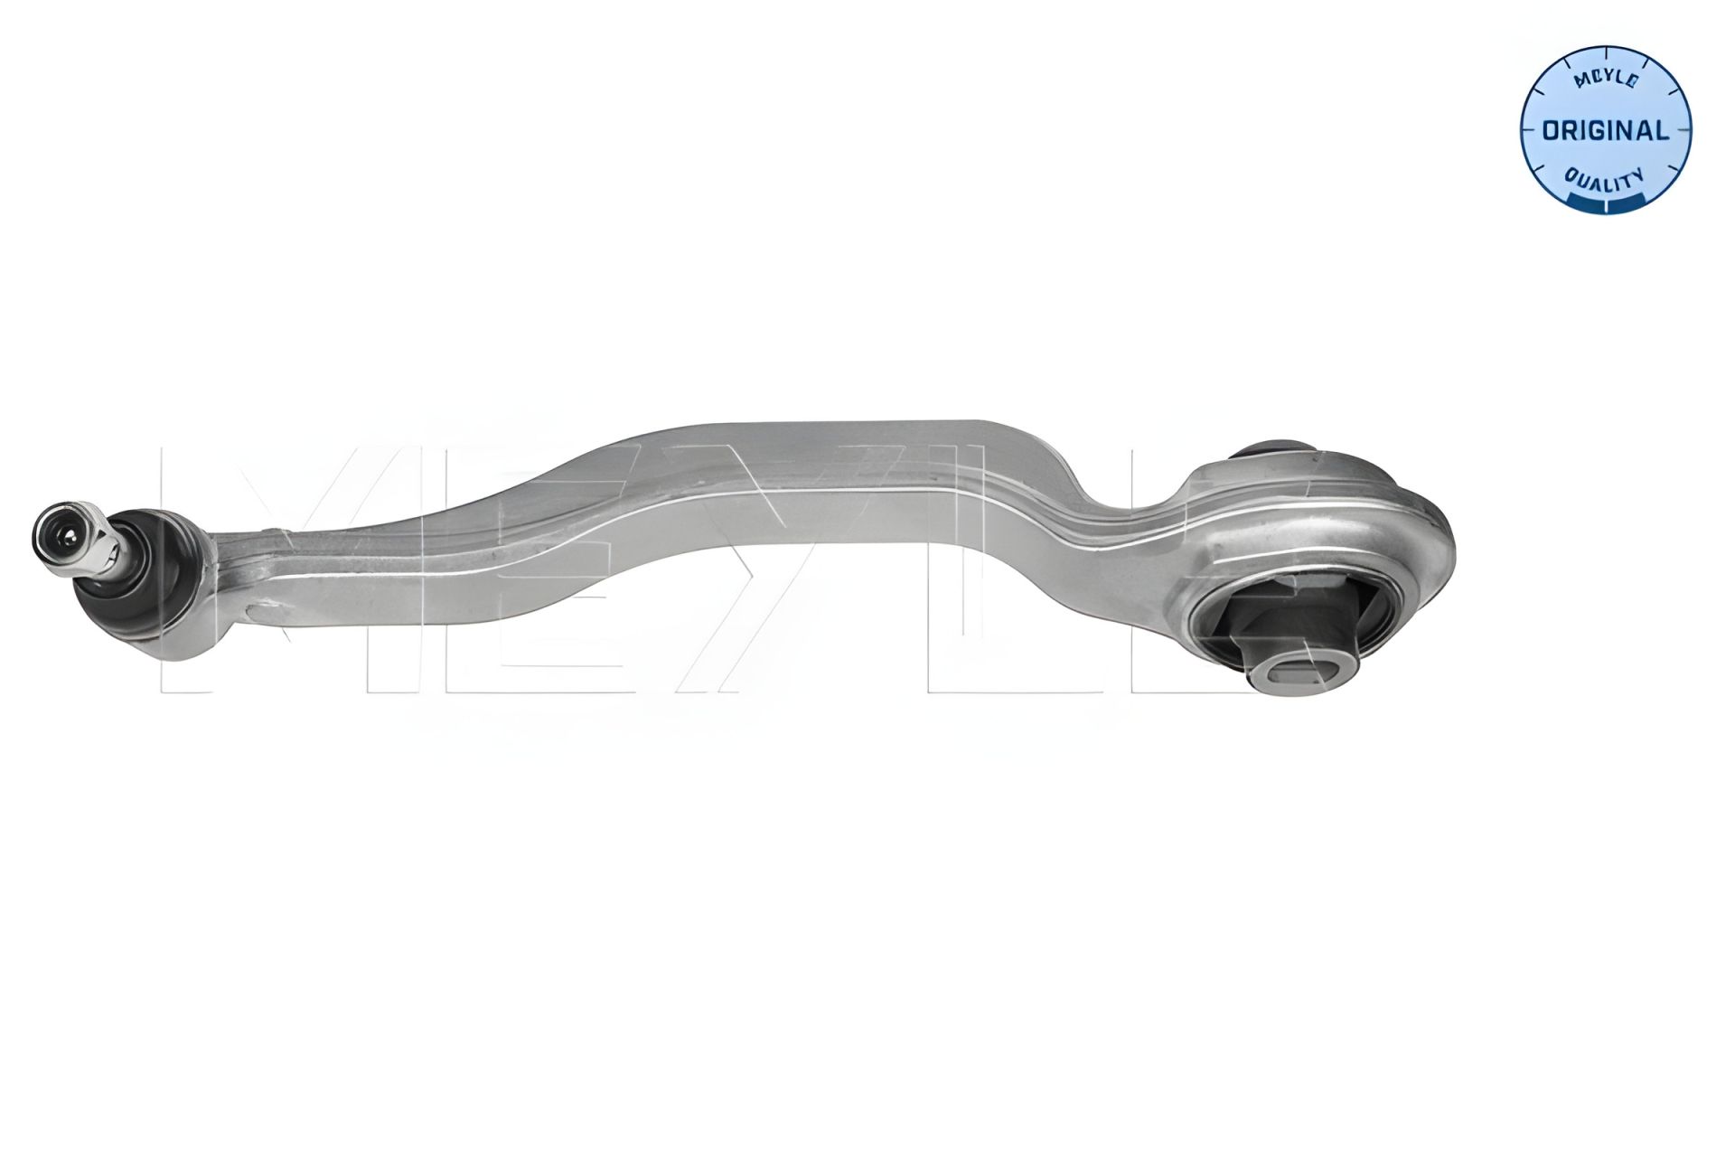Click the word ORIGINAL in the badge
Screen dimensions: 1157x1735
[x=1605, y=131]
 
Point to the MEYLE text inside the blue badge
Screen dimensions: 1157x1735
[x=1606, y=80]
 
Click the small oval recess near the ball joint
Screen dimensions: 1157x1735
[x=271, y=604]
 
